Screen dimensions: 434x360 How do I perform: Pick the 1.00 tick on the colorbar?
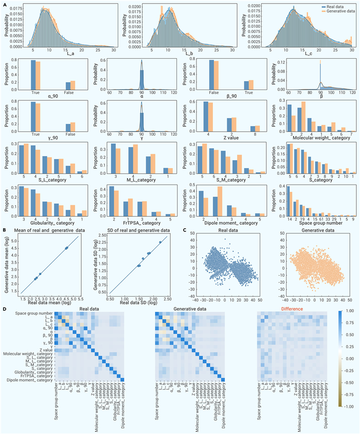(x=348, y=311)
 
